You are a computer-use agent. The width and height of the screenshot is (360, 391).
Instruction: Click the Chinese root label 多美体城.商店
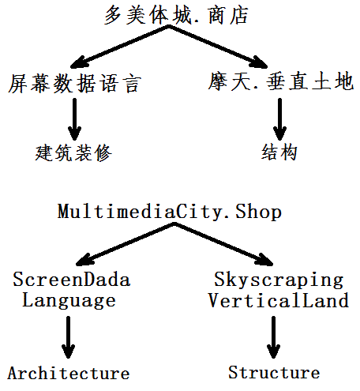click(x=176, y=16)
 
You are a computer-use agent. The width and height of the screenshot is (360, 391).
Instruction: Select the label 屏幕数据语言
click(x=75, y=84)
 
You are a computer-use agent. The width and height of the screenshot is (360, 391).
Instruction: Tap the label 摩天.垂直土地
click(x=280, y=81)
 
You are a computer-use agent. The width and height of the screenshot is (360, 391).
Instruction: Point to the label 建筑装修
click(x=73, y=152)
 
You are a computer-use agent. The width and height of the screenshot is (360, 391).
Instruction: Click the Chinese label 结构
click(x=279, y=152)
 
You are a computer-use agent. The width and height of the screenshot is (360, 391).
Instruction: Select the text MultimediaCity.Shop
click(x=170, y=212)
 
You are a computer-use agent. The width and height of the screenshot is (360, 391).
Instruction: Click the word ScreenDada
click(x=72, y=279)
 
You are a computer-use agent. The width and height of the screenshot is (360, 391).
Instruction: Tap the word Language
click(x=69, y=301)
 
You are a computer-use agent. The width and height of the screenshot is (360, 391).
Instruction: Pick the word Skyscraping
click(x=279, y=280)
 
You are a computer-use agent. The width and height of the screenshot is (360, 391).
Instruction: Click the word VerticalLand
click(x=279, y=300)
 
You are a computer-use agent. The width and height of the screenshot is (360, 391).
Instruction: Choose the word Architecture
click(x=69, y=373)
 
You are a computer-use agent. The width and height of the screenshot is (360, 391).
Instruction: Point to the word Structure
click(x=274, y=372)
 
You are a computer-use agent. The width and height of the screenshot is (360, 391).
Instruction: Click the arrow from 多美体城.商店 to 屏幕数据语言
click(x=120, y=47)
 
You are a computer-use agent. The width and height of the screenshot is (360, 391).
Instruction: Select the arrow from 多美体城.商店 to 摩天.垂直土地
click(x=219, y=47)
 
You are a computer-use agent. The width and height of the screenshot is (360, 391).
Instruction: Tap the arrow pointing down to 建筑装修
click(x=75, y=119)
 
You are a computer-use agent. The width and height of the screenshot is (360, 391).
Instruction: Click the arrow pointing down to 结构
click(x=279, y=119)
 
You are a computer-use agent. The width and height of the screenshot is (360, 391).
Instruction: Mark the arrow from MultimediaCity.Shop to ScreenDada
click(x=126, y=244)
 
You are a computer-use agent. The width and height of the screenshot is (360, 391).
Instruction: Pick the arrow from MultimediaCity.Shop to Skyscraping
click(x=224, y=244)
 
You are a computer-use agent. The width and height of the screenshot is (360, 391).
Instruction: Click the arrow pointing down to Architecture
click(x=69, y=337)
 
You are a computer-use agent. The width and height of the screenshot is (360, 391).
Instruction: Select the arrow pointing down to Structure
click(x=273, y=337)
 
